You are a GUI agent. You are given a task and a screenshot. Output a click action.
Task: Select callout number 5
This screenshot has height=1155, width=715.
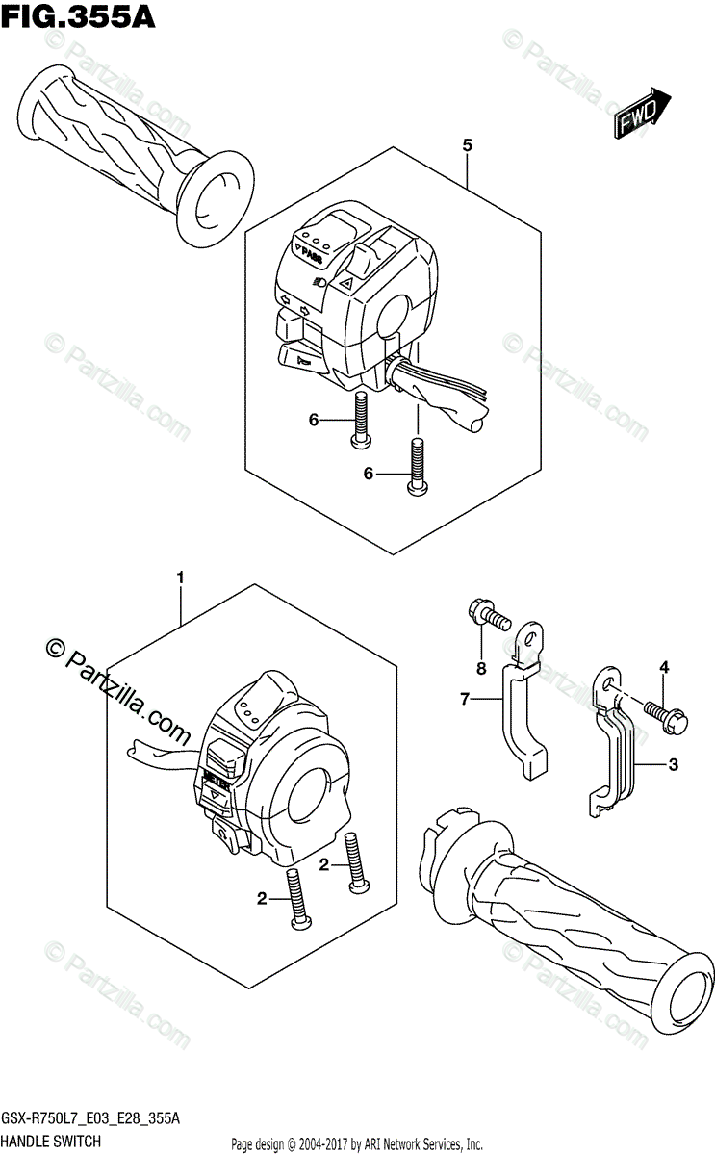[467, 145]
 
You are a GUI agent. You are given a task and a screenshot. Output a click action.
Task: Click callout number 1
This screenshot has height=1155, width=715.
[179, 577]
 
